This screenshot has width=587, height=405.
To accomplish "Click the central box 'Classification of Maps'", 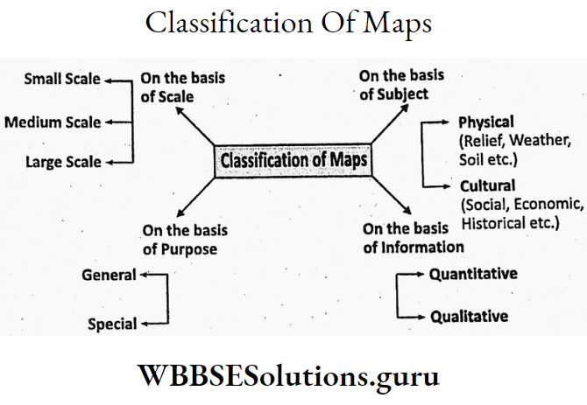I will point(293,162).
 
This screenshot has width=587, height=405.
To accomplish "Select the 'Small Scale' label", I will point(62,79).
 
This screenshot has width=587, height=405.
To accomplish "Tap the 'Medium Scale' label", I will point(53,122).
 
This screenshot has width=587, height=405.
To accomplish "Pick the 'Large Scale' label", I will point(63,162).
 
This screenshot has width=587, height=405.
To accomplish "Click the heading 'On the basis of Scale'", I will point(182,87).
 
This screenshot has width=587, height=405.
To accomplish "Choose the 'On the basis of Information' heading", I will point(414,238).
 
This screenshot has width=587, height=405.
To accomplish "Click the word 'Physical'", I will point(486,122).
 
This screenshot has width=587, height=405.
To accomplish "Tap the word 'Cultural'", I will point(486,185).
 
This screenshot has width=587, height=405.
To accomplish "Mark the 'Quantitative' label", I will point(472,274).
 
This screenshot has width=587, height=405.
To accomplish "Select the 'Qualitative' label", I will point(469,316).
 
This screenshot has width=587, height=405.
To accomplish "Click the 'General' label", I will point(109,275).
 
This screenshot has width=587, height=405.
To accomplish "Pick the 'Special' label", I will point(112,325).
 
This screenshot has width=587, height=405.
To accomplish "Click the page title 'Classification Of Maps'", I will point(288,24).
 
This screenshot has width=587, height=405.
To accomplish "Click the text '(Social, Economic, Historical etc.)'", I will point(520,213).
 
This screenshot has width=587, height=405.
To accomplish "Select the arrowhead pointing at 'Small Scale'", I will point(109,80).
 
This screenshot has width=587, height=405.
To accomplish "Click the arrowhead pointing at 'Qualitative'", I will point(423,317).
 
